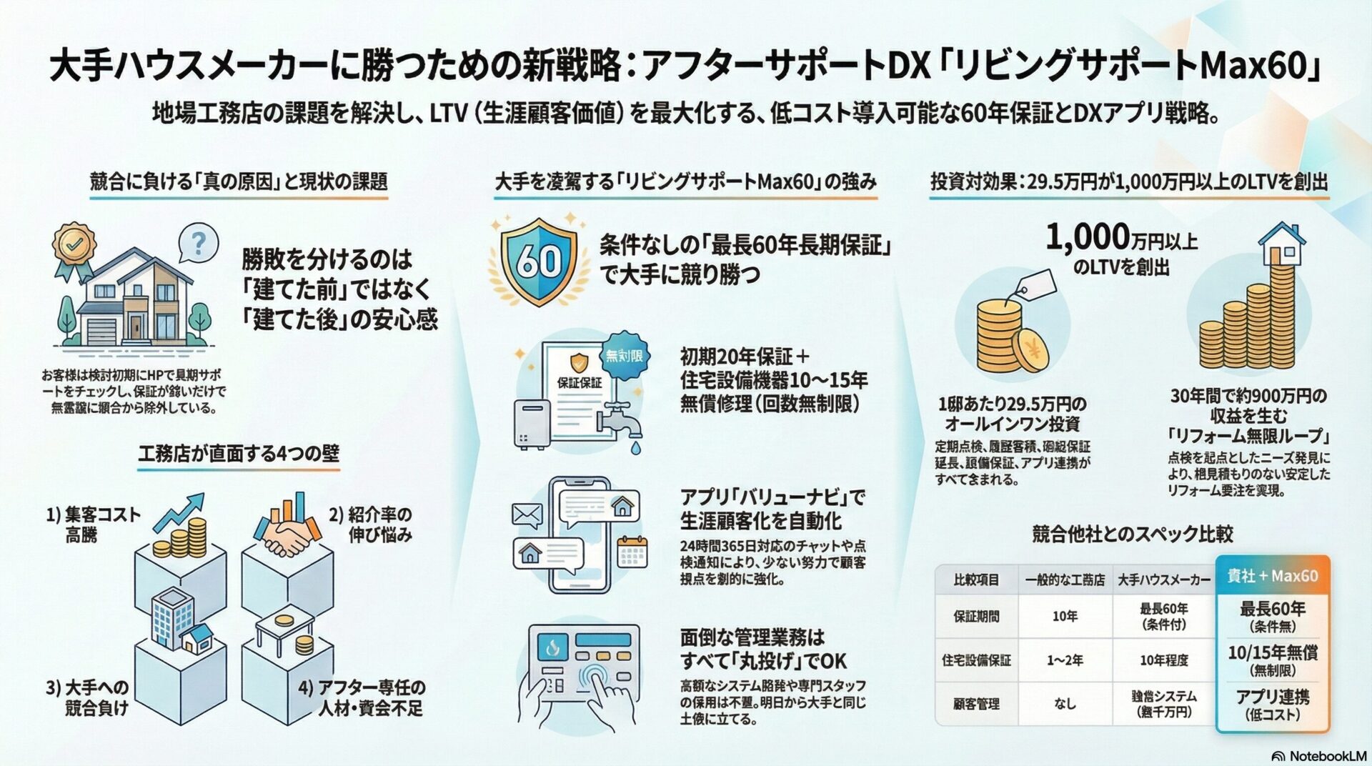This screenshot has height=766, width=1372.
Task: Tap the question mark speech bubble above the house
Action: click(199, 243)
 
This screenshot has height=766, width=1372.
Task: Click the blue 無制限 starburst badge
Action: click(624, 355)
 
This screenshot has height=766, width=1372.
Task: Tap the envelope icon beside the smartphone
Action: click(527, 514)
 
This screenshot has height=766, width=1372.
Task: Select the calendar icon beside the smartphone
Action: click(632, 552)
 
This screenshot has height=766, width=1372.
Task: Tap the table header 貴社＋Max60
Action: click(1272, 576)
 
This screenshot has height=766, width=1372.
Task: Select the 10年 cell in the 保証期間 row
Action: click(1065, 616)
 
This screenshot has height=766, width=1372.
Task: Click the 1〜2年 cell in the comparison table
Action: click(1065, 660)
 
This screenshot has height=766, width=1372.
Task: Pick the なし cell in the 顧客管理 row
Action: click(1065, 704)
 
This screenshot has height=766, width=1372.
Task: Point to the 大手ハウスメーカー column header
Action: click(1163, 580)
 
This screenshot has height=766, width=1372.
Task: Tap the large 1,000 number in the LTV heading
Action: click(1087, 237)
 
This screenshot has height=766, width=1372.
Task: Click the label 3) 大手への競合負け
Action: click(88, 697)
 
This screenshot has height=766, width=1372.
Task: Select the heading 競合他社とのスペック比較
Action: click(1132, 534)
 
